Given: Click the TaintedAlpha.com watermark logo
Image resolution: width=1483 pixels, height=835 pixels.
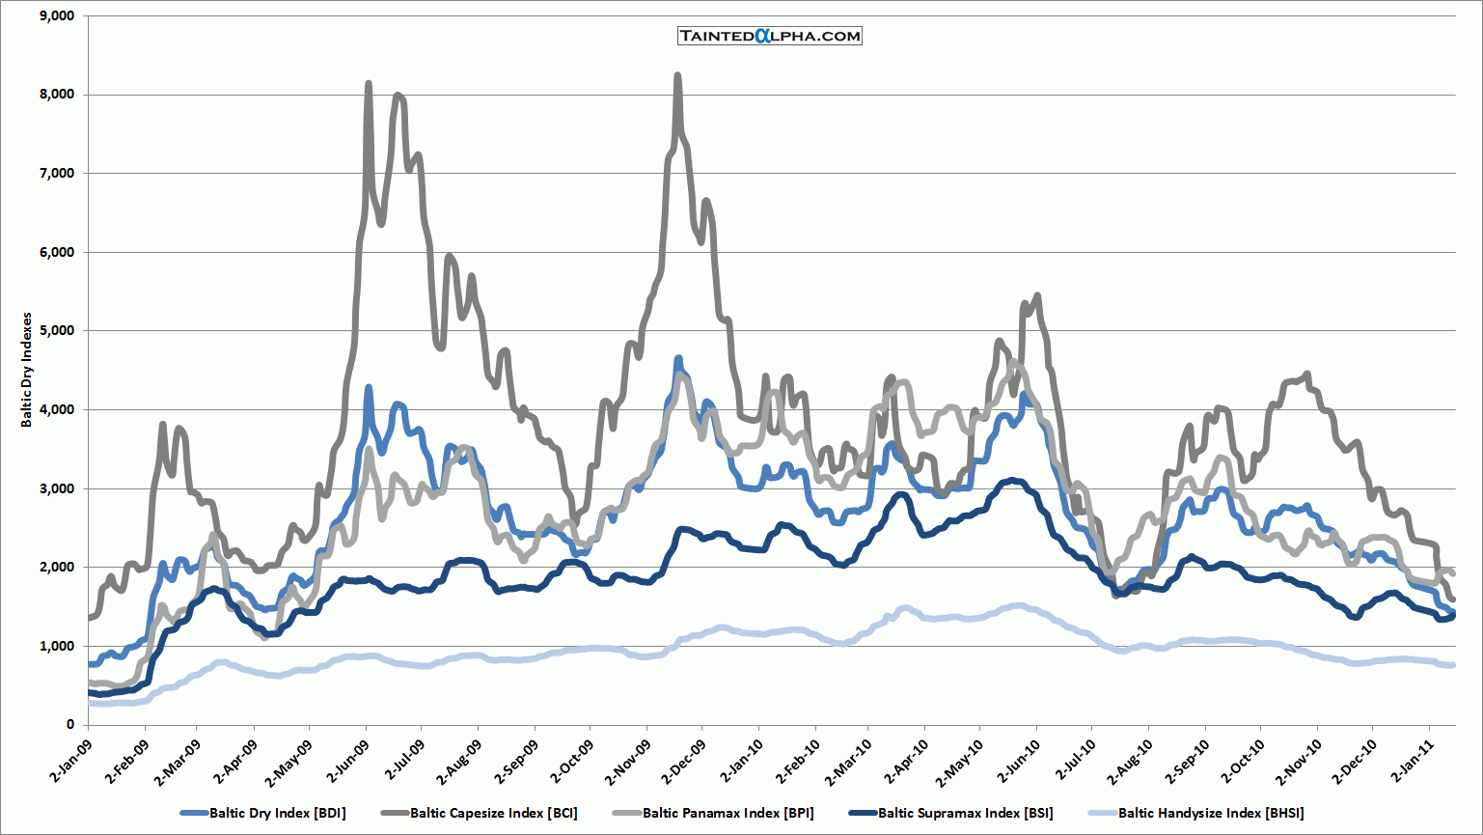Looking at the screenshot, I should pyautogui.click(x=769, y=36).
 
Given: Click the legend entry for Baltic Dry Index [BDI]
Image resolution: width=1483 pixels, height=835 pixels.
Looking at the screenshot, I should pyautogui.click(x=277, y=813).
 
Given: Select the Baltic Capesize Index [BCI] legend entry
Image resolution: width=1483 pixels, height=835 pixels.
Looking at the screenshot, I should pyautogui.click(x=493, y=813).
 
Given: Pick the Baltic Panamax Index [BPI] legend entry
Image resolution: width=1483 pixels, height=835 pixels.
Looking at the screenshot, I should pyautogui.click(x=728, y=813).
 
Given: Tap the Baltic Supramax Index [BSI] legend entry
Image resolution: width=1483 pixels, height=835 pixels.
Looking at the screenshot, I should pyautogui.click(x=965, y=813).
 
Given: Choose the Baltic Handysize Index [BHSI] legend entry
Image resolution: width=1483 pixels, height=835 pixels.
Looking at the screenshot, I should pyautogui.click(x=1210, y=813).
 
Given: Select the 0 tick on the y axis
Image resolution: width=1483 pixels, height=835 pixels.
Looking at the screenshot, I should pyautogui.click(x=69, y=724).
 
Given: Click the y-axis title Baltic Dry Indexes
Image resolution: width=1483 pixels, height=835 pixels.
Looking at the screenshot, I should pyautogui.click(x=27, y=370).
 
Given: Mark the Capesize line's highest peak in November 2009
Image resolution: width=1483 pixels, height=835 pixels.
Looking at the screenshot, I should pyautogui.click(x=677, y=75).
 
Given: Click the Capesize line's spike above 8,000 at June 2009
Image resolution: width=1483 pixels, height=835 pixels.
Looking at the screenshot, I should pyautogui.click(x=369, y=85).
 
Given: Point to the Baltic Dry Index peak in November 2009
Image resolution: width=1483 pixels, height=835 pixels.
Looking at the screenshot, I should pyautogui.click(x=678, y=358).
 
